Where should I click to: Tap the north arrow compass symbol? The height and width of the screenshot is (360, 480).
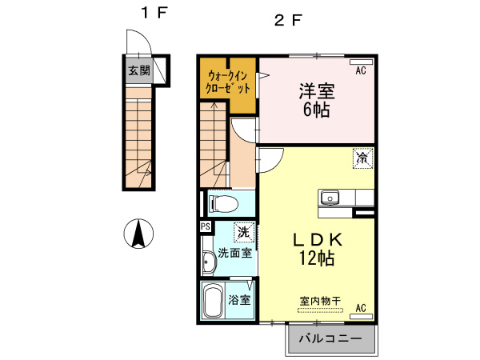point(138,234)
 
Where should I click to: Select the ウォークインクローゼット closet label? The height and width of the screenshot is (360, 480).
point(229,81)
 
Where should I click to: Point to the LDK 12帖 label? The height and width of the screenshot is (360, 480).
point(316,249)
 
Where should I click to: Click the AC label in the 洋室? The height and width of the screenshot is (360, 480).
point(361,71)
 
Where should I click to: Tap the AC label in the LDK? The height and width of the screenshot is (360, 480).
point(361,307)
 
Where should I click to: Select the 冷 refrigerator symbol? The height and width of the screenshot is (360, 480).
point(362,158)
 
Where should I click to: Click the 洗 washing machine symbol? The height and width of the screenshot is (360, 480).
point(242,233)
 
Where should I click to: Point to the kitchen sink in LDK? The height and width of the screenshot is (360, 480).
point(330,198)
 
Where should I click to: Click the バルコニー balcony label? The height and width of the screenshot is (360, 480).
point(330,339)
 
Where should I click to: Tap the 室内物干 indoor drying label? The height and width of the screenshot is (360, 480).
point(320,301)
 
